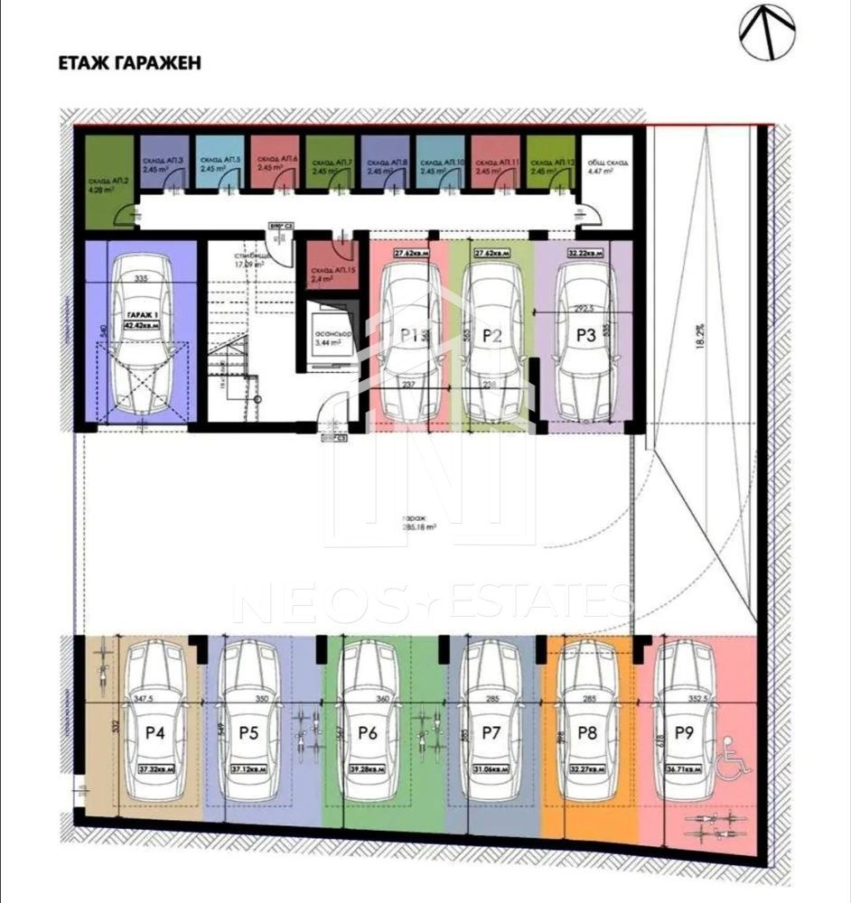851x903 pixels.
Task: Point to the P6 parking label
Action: tap(367, 733)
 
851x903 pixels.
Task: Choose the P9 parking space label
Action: tap(683, 733)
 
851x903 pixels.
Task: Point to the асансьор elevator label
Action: tap(328, 336)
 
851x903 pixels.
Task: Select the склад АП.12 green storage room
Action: tap(550, 163)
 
